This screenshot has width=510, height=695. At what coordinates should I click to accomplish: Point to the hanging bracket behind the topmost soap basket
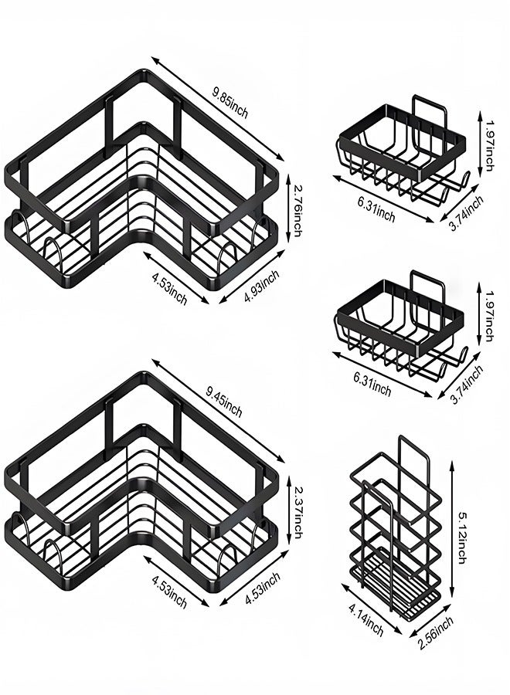(432, 113)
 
